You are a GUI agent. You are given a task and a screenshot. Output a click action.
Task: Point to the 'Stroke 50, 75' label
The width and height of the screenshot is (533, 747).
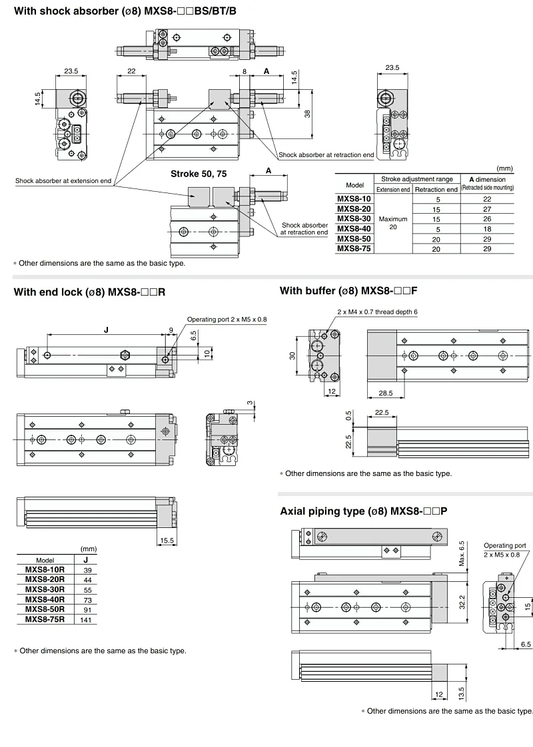(x=198, y=174)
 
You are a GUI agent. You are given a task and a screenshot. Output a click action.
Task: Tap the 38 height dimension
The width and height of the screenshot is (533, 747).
(x=308, y=114)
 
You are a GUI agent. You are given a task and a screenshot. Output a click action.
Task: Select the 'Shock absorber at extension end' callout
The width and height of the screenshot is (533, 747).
(x=63, y=180)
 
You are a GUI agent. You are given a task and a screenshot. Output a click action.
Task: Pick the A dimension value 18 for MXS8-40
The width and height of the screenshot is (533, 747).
(x=486, y=228)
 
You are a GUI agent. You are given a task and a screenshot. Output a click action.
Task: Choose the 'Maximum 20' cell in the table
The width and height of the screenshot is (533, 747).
(x=392, y=223)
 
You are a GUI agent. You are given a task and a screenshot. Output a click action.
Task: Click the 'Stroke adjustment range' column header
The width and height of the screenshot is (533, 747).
(x=416, y=179)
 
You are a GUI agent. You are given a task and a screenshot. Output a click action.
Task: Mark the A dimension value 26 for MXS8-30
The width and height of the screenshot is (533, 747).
(x=486, y=218)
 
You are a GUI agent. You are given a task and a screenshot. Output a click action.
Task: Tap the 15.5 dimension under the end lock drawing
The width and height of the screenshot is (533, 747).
(x=167, y=541)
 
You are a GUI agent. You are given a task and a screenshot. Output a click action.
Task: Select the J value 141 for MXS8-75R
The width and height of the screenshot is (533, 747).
(x=85, y=619)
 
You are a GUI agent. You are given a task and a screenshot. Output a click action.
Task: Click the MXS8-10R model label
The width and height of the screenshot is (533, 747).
(x=45, y=570)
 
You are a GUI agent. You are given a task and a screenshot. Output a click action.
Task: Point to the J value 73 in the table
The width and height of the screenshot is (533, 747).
(x=85, y=599)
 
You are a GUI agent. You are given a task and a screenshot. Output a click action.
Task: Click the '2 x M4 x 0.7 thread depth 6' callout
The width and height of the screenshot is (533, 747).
(x=377, y=312)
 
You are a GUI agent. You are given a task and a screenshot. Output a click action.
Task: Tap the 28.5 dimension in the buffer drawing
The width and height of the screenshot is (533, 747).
(x=384, y=393)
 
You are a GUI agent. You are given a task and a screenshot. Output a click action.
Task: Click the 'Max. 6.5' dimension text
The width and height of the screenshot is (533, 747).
(x=462, y=553)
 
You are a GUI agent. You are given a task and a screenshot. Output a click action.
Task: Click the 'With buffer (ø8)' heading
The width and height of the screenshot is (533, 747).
(x=348, y=291)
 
